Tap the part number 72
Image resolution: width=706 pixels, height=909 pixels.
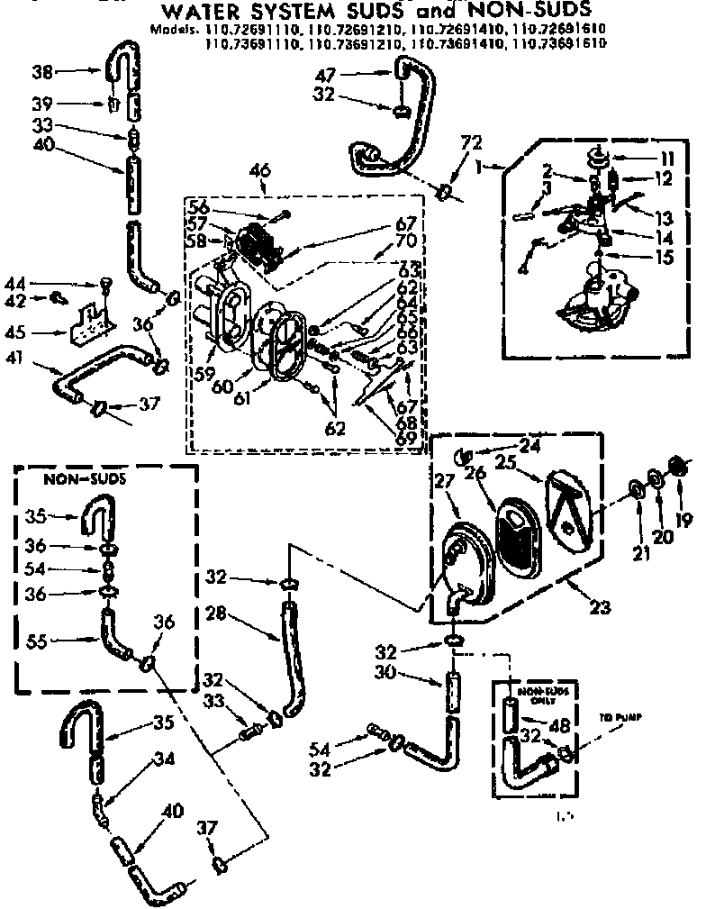[471, 142]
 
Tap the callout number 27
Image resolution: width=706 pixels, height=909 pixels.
[444, 482]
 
